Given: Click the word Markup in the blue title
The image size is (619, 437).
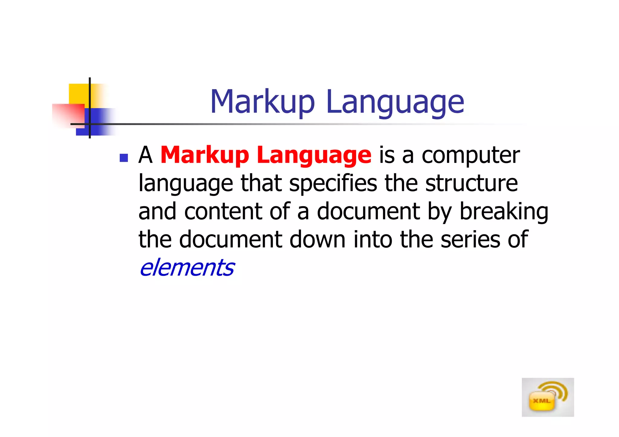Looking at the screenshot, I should [x=262, y=102].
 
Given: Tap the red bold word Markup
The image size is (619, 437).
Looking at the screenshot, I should [x=205, y=155].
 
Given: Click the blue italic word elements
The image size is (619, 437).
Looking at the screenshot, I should [x=187, y=268].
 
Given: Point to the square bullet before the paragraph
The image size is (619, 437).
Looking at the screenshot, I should [x=124, y=158].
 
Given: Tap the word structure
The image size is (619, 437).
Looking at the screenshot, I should [x=472, y=183].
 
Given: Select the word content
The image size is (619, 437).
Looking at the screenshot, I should [x=223, y=211].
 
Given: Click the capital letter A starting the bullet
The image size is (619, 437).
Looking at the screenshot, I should [x=145, y=155].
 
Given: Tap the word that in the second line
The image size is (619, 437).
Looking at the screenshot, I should [x=261, y=183].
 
